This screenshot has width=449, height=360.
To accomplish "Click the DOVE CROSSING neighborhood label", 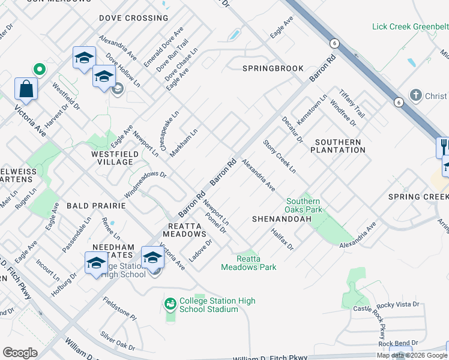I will point(134,18).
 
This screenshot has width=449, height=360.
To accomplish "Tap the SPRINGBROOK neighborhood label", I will point(273,68).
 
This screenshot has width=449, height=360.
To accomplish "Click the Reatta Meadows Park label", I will point(249,263).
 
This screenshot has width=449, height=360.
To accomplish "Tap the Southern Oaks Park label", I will point(304,205).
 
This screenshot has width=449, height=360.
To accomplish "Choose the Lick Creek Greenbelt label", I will point(410,27).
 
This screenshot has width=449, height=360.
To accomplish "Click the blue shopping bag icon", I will point(26,89).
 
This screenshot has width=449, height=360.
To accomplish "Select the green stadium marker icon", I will point(170,305).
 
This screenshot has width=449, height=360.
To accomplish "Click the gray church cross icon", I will point(415,95).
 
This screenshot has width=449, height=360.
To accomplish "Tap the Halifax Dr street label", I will point(282,239).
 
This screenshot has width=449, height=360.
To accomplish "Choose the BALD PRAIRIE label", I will point(96,205).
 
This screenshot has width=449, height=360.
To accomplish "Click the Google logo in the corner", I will point(20,352).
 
